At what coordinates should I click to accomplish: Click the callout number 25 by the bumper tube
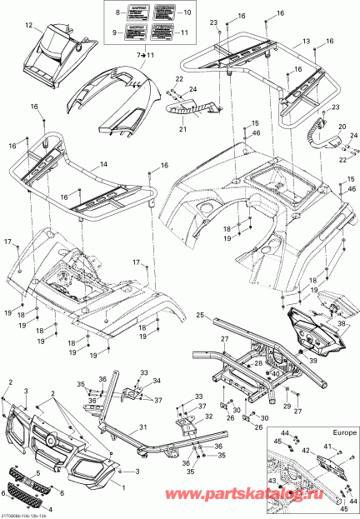(x=200, y=315)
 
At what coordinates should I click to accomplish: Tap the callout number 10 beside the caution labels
(x=185, y=14)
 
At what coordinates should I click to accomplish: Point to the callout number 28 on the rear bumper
(x=258, y=364)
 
